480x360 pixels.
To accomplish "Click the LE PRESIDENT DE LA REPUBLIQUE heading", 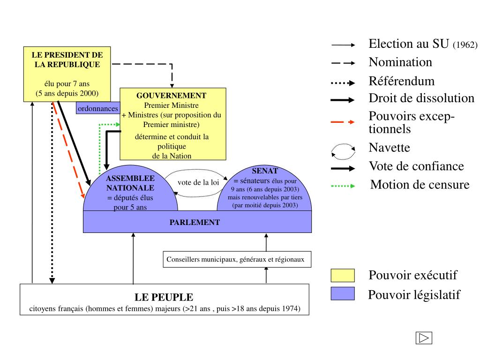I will coord(67,60).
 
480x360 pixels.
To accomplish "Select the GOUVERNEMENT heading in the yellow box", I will coord(172,95).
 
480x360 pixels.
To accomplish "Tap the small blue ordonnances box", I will coord(97,109).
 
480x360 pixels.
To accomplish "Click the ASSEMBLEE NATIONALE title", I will coord(130,183).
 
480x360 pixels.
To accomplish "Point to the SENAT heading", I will coord(264,171).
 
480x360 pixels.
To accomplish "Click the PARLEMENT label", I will coord(195,222).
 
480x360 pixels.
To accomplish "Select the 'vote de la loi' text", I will coord(198,182).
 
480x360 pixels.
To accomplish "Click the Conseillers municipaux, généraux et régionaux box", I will coord(237,259).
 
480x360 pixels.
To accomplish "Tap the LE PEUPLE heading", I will coord(164,297).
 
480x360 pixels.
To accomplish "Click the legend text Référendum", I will coord(401,81).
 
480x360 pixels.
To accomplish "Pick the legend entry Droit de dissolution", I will coord(421,98).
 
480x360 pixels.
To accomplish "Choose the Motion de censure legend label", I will coord(420,185).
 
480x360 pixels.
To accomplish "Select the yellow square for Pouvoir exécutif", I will coord(343,276).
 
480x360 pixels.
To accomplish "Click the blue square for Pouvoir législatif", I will coord(343,293).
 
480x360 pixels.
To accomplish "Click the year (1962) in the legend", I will coord(465,45).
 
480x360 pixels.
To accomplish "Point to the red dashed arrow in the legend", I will coord(343,122).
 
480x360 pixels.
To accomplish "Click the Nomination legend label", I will coord(400,62).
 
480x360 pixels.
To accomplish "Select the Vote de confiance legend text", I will coord(416,166).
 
